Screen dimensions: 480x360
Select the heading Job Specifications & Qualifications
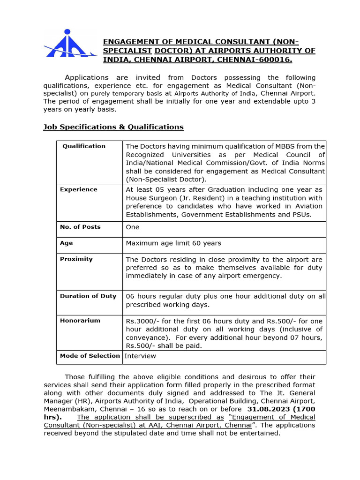[113, 127]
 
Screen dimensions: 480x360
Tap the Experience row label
[79, 190]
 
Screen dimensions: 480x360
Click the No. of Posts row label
[80, 227]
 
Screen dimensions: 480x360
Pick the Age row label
[67, 243]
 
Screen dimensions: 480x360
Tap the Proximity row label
[76, 259]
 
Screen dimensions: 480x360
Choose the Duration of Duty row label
[88, 296]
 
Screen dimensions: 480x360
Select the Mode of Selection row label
[90, 356]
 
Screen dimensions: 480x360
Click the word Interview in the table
[140, 356]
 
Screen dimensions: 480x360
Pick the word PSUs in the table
[301, 215]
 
